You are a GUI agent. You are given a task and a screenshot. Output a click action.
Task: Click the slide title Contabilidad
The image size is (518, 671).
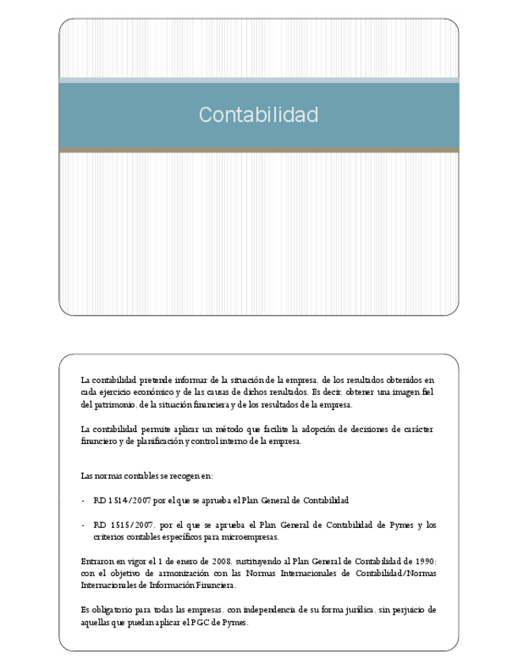pos(258,115)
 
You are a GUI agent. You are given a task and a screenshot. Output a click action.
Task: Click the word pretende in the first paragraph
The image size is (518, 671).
pos(144,380)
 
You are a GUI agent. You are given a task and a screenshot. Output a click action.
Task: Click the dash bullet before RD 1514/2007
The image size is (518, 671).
pos(83,501)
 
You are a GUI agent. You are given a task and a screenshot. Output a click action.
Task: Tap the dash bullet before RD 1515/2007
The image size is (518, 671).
pos(83,525)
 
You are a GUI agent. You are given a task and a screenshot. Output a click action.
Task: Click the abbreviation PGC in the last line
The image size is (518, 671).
pos(197,622)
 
